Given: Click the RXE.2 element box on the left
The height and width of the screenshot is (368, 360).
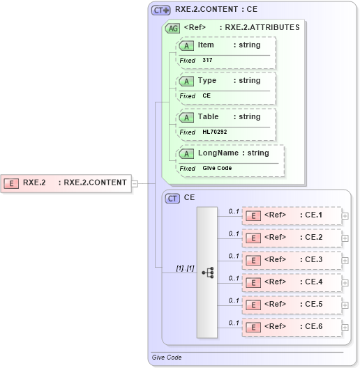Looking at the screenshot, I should [66, 183].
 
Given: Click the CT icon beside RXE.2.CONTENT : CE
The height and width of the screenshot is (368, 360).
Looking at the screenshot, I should [161, 10].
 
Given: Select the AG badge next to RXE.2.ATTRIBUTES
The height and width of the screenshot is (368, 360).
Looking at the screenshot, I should [172, 28].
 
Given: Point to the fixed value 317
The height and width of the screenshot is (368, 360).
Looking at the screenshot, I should [208, 61].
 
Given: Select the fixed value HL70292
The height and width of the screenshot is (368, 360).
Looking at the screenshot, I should [215, 132].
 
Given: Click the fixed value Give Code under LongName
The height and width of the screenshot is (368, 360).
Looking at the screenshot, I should [218, 168].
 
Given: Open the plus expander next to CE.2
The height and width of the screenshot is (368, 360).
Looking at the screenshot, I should [345, 238].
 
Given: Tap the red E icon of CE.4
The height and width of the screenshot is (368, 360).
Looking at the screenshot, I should [255, 282].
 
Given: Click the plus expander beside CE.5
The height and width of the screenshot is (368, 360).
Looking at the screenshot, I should [345, 305].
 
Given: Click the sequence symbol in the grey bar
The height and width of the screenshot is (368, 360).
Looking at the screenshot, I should [208, 273].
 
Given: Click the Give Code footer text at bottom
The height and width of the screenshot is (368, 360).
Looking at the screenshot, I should [167, 358].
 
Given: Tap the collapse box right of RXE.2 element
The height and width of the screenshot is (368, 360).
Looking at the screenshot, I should [135, 183].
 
